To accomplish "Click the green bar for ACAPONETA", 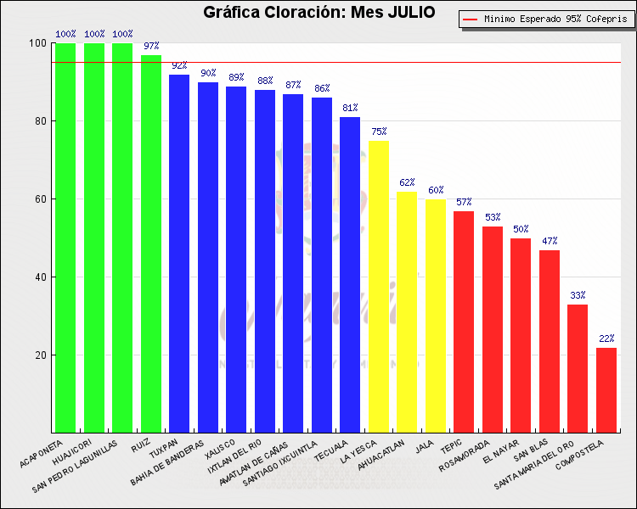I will (x=65, y=238).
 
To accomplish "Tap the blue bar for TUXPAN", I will (x=179, y=254).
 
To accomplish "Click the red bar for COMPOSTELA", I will (x=606, y=390).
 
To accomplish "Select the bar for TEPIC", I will (x=464, y=322).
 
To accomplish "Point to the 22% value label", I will (x=606, y=339).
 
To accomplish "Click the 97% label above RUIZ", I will (x=151, y=46).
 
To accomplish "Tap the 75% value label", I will (x=378, y=131).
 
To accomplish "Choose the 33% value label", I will (x=578, y=295).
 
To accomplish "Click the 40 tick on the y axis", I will (x=40, y=277).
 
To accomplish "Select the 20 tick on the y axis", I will (x=40, y=355).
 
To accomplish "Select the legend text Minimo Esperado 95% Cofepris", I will (x=553, y=18).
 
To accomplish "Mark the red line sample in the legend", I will (x=470, y=18).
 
